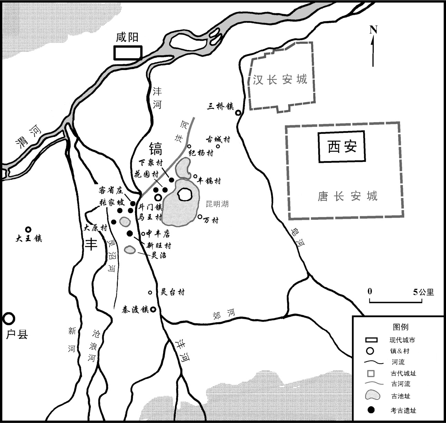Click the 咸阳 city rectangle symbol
click(128, 52)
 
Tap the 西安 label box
click(342, 147)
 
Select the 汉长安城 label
click(280, 80)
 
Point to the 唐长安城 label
click(347, 196)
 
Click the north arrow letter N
click(373, 30)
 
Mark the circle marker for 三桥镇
click(238, 112)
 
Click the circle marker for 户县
click(9, 318)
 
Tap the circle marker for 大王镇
click(28, 229)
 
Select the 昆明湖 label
click(217, 204)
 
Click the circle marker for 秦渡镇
click(152, 309)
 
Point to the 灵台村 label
click(173, 292)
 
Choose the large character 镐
click(155, 149)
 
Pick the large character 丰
click(91, 244)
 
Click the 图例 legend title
click(400, 327)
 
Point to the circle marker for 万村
click(200, 217)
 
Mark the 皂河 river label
click(297, 238)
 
